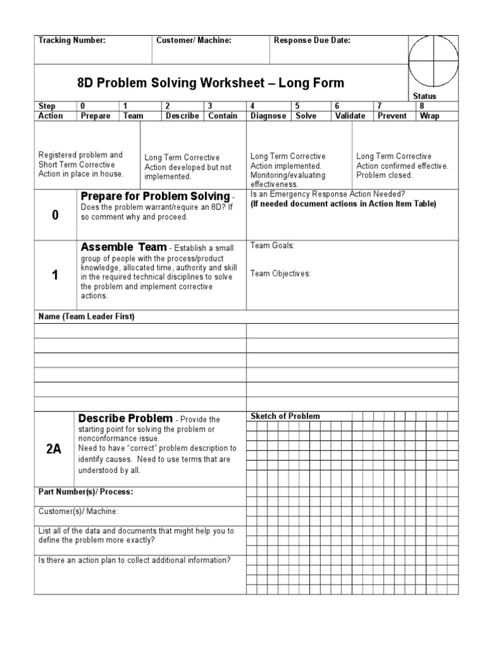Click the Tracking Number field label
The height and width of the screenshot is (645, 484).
pos(72,41)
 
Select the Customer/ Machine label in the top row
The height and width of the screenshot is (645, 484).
pos(194,41)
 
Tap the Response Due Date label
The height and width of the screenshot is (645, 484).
pos(312,41)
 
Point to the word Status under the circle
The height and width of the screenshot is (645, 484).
pos(424,96)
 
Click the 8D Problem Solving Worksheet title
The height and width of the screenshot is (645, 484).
pos(210,83)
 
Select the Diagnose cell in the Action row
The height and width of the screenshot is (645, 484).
pos(268,116)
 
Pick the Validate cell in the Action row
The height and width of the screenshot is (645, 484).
pos(350,116)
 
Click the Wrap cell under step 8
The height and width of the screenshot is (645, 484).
pos(429,116)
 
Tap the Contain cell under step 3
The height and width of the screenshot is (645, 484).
pos(222,116)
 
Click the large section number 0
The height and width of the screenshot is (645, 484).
pos(55,215)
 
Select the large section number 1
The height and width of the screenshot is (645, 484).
pos(55,275)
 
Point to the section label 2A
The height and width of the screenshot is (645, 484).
pos(54,448)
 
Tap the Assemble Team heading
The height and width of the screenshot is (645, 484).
pos(124,247)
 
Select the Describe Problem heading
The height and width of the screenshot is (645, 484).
pos(125,418)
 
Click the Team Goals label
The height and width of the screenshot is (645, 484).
pos(272,246)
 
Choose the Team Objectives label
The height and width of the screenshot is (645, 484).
pos(280,273)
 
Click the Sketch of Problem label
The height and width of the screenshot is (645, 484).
pos(285,416)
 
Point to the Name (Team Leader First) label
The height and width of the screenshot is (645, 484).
pos(86,316)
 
